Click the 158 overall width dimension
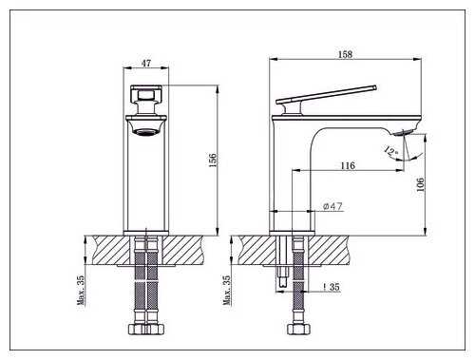click(345, 54)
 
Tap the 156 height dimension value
click(213, 160)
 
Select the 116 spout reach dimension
click(348, 165)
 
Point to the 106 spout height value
click(420, 184)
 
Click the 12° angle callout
click(390, 150)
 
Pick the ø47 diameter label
click(332, 206)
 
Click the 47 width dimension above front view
click(146, 63)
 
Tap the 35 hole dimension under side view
click(332, 287)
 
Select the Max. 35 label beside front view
click(81, 290)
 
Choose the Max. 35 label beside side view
click(227, 290)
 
